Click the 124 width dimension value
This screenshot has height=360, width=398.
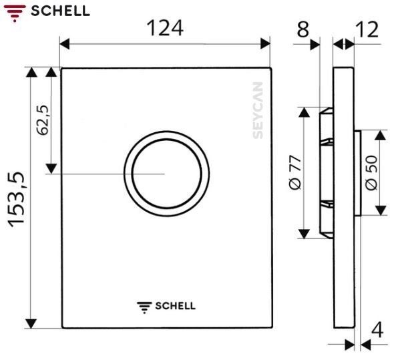pos(164,28)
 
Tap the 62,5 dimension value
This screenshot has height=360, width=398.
pos(42,121)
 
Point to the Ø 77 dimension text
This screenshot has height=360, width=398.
pos(296,173)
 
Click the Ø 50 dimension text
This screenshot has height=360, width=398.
pos(371,174)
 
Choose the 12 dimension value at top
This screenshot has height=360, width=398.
pos(367,29)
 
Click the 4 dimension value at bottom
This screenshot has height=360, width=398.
pos(378,330)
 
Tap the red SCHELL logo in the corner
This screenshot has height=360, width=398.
pos(46,10)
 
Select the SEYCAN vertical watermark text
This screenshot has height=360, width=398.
pos(258,111)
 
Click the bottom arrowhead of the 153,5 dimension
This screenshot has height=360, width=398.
pos(31,323)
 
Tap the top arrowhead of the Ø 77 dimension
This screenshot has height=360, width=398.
pos(304,112)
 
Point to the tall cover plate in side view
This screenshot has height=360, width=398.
pos(343,200)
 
